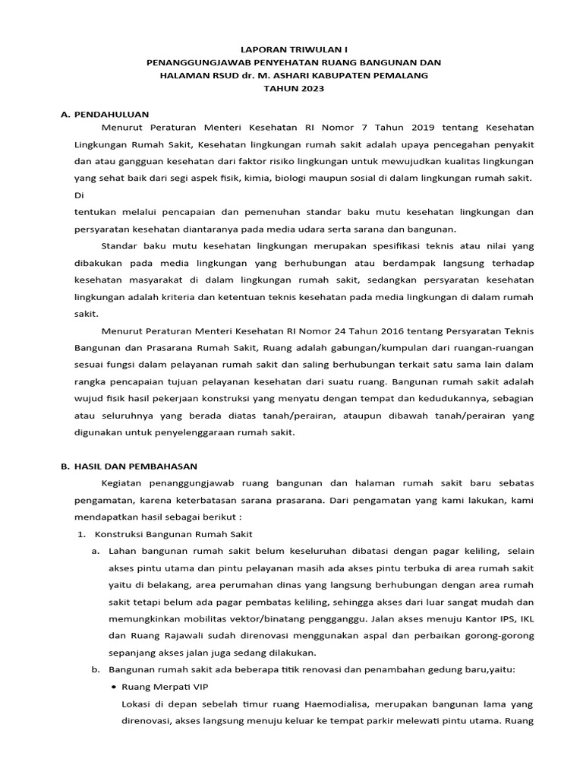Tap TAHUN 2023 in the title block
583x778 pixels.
tap(293, 89)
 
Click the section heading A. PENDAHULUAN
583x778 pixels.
tap(105, 113)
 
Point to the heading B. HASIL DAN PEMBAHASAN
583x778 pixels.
tap(129, 466)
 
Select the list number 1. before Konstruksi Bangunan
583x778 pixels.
tap(82, 534)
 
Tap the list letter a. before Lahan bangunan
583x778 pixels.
tap(96, 551)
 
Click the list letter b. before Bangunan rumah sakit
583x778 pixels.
tap(96, 669)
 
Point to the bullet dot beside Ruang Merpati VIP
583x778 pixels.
tap(113, 687)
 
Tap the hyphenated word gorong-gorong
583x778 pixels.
tap(497, 635)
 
